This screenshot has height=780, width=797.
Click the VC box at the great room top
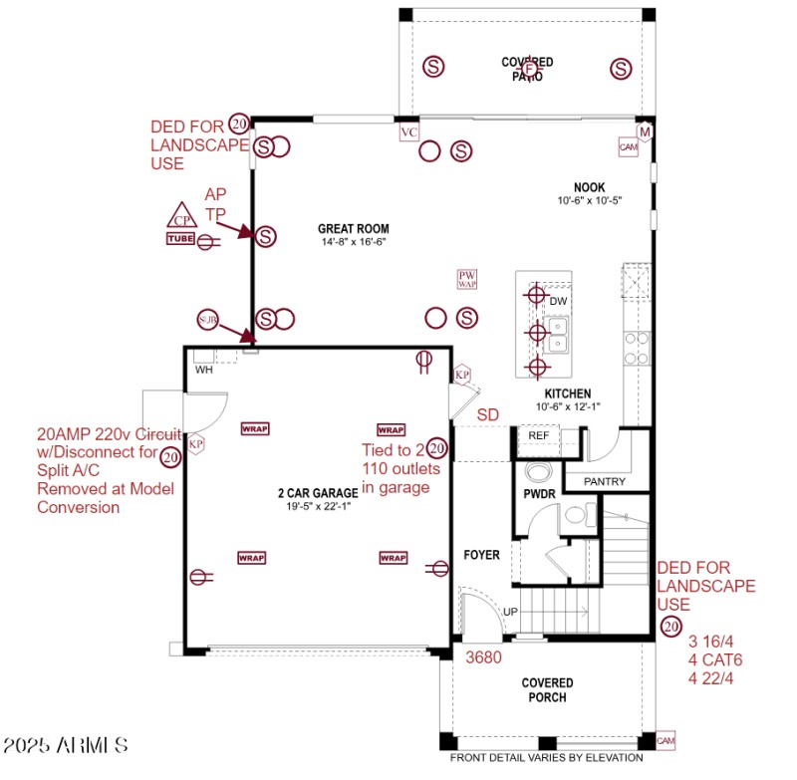[x=408, y=132]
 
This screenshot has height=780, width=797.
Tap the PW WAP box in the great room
[x=467, y=280]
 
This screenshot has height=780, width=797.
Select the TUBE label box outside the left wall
[x=180, y=238]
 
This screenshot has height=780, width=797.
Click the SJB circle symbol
[x=207, y=320]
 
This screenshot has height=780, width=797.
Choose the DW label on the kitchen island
[x=558, y=301]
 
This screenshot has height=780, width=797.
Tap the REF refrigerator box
[x=539, y=436]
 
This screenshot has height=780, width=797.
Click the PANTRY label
[x=605, y=482]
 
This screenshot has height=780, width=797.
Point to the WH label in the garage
[x=203, y=370]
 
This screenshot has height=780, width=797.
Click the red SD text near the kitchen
[x=488, y=414]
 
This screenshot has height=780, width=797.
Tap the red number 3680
[x=483, y=657]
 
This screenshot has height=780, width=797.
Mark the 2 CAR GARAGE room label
[x=317, y=493]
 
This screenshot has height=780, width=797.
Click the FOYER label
[x=481, y=555]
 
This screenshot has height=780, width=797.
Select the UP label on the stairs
[x=510, y=611]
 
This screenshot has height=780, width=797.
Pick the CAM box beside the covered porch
[x=665, y=740]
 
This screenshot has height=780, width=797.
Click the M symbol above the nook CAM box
[x=645, y=131]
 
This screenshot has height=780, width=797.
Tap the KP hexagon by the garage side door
[x=196, y=444]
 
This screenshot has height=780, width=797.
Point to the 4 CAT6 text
[x=714, y=659]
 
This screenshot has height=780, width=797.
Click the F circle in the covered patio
[x=529, y=67]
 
